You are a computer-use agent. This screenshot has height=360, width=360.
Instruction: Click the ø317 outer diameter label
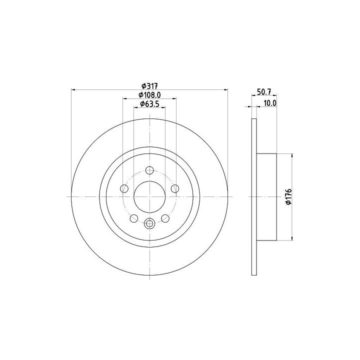149,86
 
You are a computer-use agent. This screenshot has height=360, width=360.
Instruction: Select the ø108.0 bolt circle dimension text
149,95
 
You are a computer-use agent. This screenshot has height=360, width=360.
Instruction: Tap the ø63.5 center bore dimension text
149,104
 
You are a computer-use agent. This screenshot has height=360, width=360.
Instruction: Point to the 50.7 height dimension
264,92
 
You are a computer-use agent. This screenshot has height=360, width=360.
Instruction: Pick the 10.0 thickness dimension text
270,103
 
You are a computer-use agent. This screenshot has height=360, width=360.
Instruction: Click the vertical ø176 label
288,196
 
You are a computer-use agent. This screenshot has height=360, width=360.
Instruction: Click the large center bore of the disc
149,197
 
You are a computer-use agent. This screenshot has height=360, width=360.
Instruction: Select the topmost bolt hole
149,170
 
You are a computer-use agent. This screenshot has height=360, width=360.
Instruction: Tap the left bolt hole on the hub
124,188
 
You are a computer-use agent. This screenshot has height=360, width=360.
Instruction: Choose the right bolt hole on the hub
175,188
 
